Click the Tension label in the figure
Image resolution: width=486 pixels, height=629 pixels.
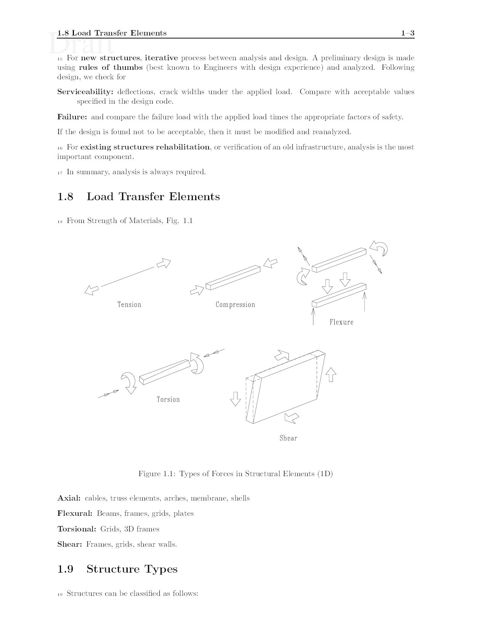129,305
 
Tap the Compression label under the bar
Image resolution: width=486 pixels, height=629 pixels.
235,305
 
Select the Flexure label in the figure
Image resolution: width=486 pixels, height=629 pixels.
341,322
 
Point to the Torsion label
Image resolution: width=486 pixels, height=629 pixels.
168,400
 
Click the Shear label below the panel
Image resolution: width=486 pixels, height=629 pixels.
288,438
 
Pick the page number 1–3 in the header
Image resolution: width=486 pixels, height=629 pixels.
407,33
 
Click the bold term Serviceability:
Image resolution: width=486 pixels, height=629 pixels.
85,92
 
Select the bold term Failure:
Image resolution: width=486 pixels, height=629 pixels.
72,117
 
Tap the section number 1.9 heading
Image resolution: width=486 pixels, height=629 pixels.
65,569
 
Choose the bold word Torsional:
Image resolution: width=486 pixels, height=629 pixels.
77,529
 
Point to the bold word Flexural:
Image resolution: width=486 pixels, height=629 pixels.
75,513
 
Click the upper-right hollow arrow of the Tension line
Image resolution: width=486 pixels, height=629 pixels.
164,263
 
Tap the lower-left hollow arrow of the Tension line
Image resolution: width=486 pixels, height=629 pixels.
91,290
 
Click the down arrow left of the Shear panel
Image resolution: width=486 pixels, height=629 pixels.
236,399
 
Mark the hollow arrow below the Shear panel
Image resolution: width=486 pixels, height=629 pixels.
292,418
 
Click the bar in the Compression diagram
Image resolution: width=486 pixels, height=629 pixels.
233,278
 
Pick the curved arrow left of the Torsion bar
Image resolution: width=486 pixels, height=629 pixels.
129,382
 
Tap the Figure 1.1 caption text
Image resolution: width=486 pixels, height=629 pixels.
235,474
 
